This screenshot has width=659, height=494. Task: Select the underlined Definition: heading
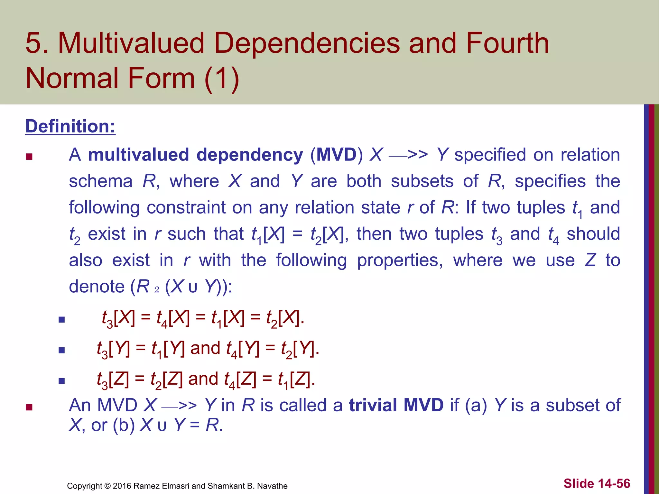tap(70, 126)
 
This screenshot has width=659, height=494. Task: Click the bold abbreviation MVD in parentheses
tap(337, 155)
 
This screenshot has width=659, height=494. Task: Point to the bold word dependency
tap(250, 155)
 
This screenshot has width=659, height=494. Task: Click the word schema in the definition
tap(101, 181)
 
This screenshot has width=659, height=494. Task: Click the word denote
tap(97, 287)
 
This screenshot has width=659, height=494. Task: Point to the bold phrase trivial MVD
tap(396, 405)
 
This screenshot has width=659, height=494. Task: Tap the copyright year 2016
tap(122, 486)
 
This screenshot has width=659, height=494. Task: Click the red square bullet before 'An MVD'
tap(29, 407)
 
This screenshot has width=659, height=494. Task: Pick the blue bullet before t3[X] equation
tap(62, 320)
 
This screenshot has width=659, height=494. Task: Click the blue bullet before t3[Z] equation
tap(62, 381)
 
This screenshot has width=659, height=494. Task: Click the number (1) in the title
tap(222, 78)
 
